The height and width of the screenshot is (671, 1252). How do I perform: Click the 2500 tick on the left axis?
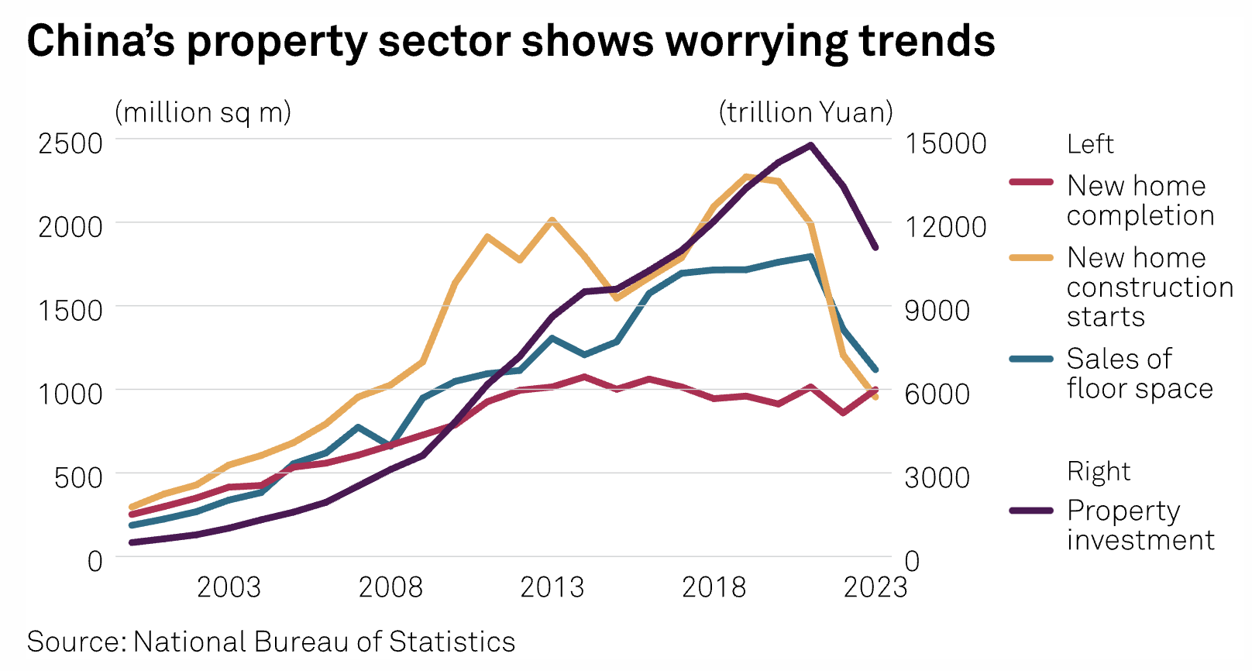71,143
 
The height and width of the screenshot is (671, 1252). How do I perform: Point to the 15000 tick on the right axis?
946,143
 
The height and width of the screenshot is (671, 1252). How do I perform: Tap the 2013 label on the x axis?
552,587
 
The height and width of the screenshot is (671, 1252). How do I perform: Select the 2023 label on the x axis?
875,587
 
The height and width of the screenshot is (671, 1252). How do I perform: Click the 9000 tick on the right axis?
937,311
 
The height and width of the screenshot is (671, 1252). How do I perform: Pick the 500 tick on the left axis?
78,477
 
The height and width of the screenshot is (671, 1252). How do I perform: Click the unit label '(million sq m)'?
203,112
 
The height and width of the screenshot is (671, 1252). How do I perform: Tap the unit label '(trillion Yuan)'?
806,112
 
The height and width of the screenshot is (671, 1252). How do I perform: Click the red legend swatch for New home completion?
1031,182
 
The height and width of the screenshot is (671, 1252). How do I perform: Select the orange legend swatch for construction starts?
1031,257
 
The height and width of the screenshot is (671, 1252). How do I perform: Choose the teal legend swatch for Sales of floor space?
1031,359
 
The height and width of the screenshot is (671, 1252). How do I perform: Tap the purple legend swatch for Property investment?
1031,511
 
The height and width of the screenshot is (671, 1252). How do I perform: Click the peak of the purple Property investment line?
810,145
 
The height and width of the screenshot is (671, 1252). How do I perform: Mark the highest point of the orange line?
746,177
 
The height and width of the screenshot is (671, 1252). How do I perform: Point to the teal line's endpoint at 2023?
875,370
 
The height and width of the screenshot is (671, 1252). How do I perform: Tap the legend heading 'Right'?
1098,472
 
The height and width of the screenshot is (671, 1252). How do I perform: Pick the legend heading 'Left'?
1089,144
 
